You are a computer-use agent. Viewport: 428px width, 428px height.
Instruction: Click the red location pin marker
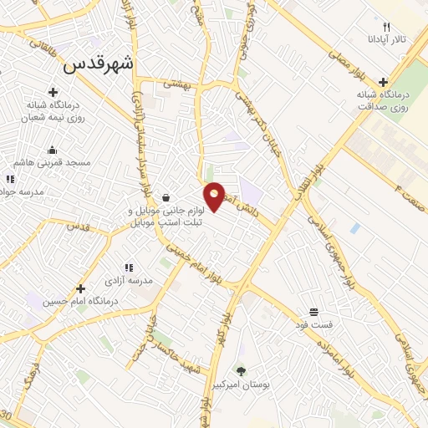click(x=215, y=196)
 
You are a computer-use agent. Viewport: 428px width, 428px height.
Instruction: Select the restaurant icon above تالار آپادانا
click(x=386, y=27)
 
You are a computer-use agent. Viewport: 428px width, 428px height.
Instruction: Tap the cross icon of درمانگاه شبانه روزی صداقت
click(x=383, y=82)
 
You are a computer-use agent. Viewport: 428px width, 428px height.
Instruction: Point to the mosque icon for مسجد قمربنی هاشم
click(x=53, y=150)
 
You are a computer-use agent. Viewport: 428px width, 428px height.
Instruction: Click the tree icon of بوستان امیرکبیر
click(x=242, y=369)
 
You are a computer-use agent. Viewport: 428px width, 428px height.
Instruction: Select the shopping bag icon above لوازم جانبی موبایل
click(x=167, y=198)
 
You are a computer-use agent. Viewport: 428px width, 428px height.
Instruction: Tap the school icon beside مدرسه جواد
click(x=9, y=179)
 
